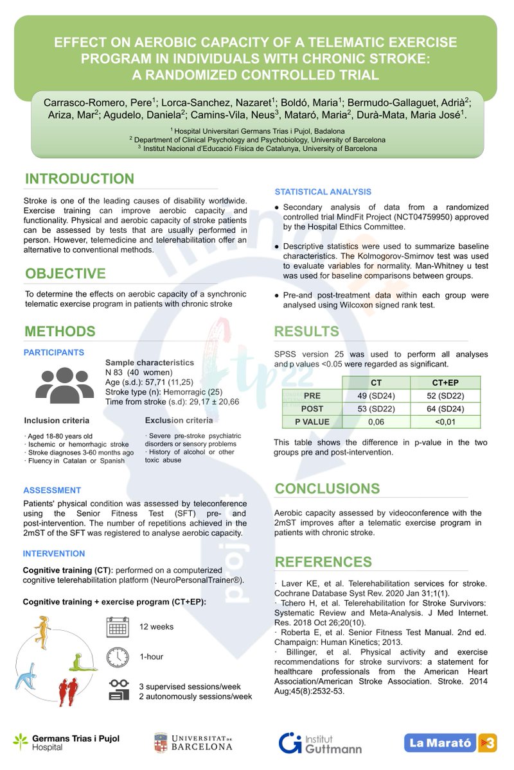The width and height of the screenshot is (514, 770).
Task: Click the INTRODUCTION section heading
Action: pos(80,179)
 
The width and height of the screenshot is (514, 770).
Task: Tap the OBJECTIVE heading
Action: pos(66,274)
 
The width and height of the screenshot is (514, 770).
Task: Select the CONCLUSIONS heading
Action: pos(327,489)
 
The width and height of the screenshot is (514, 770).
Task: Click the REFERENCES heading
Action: pos(323,562)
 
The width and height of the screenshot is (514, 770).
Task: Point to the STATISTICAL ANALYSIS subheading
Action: pos(323,192)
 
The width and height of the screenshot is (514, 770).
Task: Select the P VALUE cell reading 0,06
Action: pos(376,422)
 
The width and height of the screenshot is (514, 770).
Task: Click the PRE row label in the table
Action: pos(312,396)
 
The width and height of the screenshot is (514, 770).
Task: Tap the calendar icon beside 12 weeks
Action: pos(118,626)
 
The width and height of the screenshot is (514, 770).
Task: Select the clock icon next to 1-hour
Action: pos(118,656)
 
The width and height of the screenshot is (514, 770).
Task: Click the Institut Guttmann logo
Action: pos(320,742)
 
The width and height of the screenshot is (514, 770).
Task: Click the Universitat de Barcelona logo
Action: pos(193,742)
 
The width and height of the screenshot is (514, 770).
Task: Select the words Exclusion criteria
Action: pos(179,420)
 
